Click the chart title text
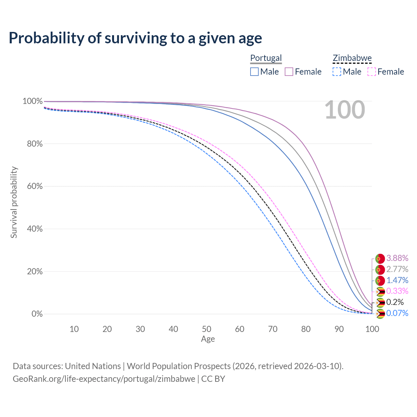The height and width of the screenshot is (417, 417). (x=135, y=38)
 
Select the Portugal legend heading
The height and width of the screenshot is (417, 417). (x=266, y=58)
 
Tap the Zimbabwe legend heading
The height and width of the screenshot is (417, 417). (x=352, y=58)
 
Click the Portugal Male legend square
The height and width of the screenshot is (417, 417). (x=254, y=72)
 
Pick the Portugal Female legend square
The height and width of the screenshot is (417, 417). (x=289, y=72)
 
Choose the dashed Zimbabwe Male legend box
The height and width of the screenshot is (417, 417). (x=337, y=72)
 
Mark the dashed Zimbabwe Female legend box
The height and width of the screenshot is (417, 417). (x=372, y=72)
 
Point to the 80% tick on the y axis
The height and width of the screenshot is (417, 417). (x=35, y=144)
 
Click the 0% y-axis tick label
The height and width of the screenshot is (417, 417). (x=37, y=314)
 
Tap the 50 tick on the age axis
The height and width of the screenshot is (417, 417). (x=207, y=329)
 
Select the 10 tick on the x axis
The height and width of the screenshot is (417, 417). (x=74, y=329)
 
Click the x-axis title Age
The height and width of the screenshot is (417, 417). (x=208, y=339)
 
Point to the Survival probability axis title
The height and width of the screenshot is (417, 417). (x=14, y=202)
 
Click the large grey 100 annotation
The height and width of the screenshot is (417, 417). (x=345, y=110)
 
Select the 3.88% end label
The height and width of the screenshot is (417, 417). (x=397, y=258)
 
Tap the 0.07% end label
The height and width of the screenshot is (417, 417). (x=397, y=313)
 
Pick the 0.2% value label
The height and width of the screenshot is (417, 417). (x=395, y=302)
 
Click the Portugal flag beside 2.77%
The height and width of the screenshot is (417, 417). (x=380, y=270)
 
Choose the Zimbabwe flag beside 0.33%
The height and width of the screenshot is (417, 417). (x=380, y=292)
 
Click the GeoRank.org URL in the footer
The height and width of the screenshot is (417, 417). (x=104, y=379)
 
